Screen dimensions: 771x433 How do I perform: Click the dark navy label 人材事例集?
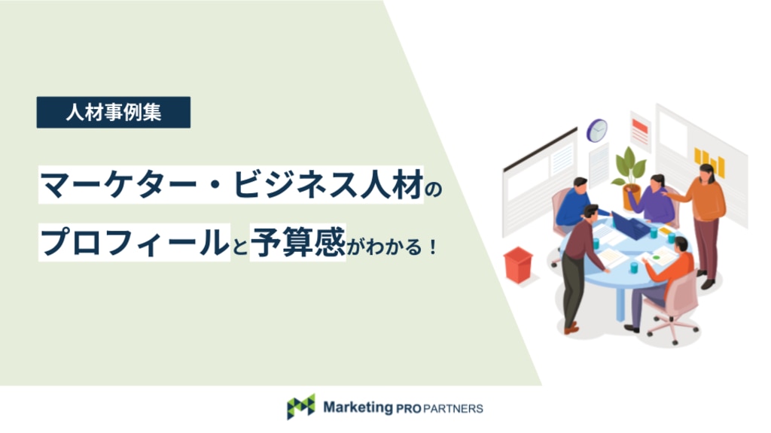click(x=114, y=113)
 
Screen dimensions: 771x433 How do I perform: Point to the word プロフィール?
click(x=135, y=243)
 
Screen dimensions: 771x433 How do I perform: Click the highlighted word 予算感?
click(x=298, y=241)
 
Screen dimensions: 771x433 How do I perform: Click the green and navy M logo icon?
click(x=301, y=407)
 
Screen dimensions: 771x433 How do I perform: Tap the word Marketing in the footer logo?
click(x=358, y=407)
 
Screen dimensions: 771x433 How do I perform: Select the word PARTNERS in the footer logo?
click(x=453, y=408)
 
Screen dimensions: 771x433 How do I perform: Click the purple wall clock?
click(x=596, y=131)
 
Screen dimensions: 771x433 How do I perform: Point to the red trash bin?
click(x=518, y=265)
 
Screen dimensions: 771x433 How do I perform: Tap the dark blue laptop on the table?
click(x=632, y=226)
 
